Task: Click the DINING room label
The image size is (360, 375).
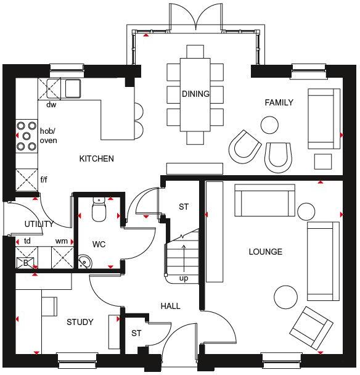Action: [x=195, y=94]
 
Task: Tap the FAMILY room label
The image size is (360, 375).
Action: [x=279, y=102]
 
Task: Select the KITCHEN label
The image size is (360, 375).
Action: [x=96, y=159]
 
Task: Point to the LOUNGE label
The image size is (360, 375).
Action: [x=265, y=252]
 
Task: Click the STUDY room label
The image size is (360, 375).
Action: [x=80, y=322]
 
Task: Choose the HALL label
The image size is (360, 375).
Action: [x=170, y=306]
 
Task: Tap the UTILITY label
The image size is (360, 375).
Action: [x=39, y=224]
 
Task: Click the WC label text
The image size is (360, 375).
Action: [x=99, y=244]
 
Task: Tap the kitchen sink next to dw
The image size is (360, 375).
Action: [x=72, y=88]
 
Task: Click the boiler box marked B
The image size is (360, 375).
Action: [x=25, y=262]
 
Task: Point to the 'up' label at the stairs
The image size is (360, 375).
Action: [x=184, y=278]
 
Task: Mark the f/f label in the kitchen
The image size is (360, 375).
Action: [x=44, y=181]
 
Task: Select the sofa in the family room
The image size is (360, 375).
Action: [x=323, y=118]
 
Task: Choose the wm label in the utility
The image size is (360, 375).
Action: [x=61, y=241]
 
